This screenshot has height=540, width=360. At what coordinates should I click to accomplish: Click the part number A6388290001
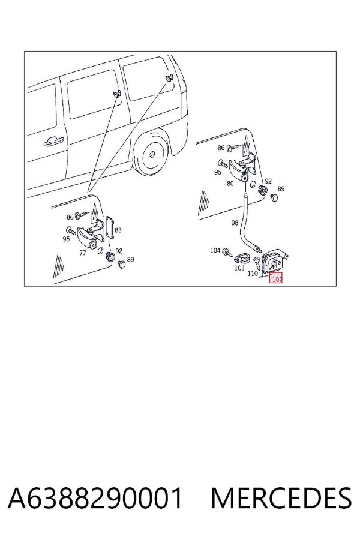point(95,498)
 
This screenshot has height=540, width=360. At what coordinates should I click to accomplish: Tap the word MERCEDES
point(281,498)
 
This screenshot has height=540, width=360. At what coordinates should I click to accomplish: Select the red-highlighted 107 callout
point(276,278)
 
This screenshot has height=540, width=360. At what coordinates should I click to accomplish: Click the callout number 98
point(235,223)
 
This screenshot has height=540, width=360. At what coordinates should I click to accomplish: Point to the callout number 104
point(215,250)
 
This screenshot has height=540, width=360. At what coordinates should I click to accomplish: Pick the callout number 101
point(239,268)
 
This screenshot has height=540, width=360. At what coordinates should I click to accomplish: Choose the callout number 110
point(253,274)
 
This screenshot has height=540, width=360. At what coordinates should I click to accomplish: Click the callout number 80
point(230,184)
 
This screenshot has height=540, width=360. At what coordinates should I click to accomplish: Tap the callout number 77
point(82,253)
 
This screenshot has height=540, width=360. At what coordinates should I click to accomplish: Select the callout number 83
point(118,230)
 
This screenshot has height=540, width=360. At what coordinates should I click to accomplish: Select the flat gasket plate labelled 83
point(110,227)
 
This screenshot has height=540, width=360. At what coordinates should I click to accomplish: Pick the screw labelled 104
point(227,252)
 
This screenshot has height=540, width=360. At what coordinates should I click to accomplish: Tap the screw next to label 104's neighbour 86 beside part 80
point(233,148)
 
